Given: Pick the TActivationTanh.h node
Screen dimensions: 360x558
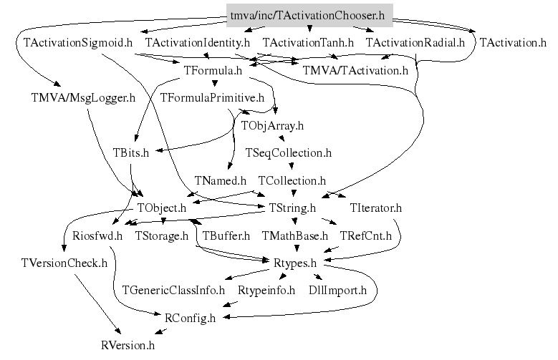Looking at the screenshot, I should click(x=307, y=43).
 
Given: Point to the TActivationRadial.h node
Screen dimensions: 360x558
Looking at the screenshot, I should click(x=415, y=43).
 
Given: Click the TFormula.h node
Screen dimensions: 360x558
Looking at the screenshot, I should click(x=213, y=70).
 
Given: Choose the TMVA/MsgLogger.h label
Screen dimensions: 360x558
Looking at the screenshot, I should click(x=83, y=97).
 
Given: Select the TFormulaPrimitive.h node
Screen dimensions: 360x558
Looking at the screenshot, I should click(x=212, y=97).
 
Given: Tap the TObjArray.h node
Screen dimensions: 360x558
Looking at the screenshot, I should click(x=272, y=125).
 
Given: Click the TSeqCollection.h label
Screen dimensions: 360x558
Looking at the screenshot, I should click(x=288, y=153).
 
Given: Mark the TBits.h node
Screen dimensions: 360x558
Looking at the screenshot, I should click(x=130, y=153).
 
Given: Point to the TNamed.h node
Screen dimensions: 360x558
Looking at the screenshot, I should click(x=220, y=180).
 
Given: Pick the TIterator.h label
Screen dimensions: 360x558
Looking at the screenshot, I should click(x=376, y=208).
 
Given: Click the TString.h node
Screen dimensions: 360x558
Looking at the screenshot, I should click(x=292, y=208).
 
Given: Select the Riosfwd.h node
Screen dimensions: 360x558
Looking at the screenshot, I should click(x=88, y=235).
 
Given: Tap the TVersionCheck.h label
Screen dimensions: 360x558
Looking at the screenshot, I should click(x=64, y=263).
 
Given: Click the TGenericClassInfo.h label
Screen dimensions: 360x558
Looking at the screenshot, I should click(x=173, y=291).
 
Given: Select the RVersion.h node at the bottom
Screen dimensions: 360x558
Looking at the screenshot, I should click(x=128, y=346).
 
